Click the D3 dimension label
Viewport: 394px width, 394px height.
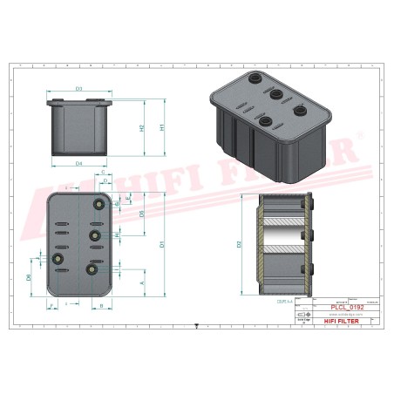click(x=78, y=89)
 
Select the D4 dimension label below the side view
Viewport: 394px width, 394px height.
click(x=78, y=163)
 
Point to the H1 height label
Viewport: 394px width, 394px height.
click(x=162, y=127)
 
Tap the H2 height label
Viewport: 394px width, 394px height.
click(x=140, y=127)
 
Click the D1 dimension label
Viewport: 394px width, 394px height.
click(x=162, y=245)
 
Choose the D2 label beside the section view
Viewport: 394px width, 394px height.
click(x=238, y=244)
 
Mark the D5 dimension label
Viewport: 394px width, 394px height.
click(x=142, y=214)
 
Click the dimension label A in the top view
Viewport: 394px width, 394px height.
click(x=142, y=283)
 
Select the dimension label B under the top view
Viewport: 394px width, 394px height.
click(x=101, y=306)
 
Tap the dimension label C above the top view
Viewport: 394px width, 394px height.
click(x=103, y=173)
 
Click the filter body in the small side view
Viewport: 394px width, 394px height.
click(x=78, y=131)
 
